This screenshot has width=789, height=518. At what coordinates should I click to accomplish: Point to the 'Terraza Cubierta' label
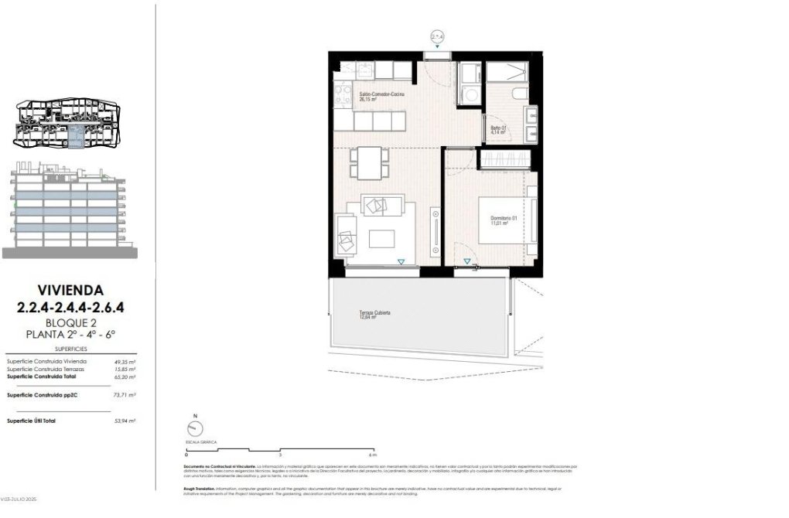click(x=374, y=315)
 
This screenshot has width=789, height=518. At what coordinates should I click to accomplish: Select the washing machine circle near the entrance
click(x=469, y=95)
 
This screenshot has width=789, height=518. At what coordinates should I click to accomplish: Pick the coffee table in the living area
click(x=381, y=238)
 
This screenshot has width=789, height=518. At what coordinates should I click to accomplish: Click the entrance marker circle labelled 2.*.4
click(x=438, y=36)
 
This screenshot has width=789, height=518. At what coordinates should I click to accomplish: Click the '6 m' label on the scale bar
click(x=373, y=455)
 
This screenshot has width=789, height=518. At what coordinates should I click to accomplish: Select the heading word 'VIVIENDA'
click(x=70, y=290)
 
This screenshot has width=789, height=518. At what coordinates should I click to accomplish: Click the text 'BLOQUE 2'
click(x=70, y=322)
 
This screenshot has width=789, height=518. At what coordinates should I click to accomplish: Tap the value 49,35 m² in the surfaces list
click(x=124, y=361)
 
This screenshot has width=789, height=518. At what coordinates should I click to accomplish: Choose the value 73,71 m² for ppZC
click(x=124, y=394)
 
